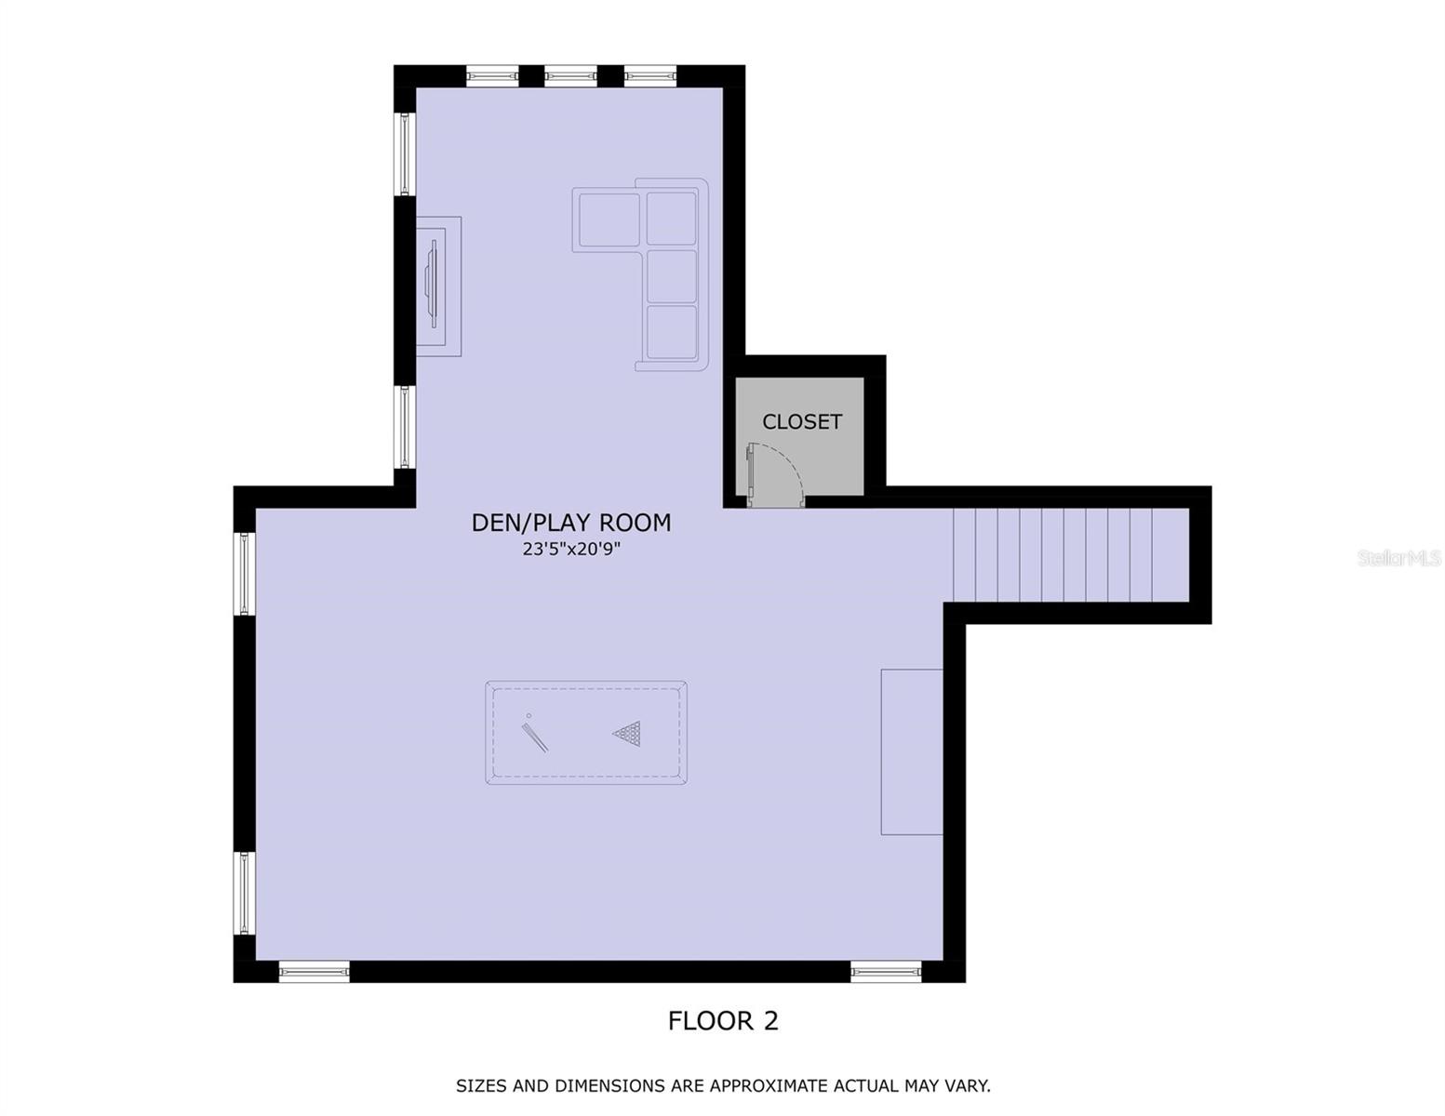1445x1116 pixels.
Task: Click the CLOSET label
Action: [x=801, y=422]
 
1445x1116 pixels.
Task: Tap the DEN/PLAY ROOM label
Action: [x=570, y=523]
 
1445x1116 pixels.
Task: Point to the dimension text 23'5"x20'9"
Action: [x=570, y=550]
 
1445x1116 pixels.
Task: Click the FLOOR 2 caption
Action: [x=723, y=1021]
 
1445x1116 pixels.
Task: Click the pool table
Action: [x=586, y=733]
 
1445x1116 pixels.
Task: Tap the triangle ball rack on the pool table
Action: [x=628, y=733]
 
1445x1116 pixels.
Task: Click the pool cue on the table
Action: [x=534, y=735]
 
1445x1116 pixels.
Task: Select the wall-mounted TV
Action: [x=433, y=284]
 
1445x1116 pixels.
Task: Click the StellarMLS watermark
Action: [x=1398, y=558]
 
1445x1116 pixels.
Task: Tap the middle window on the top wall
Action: [x=570, y=76]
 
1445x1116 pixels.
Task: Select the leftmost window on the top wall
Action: [x=492, y=76]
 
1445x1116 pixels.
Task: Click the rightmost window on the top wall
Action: [x=649, y=76]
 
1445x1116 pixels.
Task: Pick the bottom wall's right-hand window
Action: [x=885, y=972]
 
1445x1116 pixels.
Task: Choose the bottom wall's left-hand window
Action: [x=314, y=972]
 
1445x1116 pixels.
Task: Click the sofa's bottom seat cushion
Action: [x=672, y=332]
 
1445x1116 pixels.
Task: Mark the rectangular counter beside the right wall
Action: [x=912, y=751]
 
